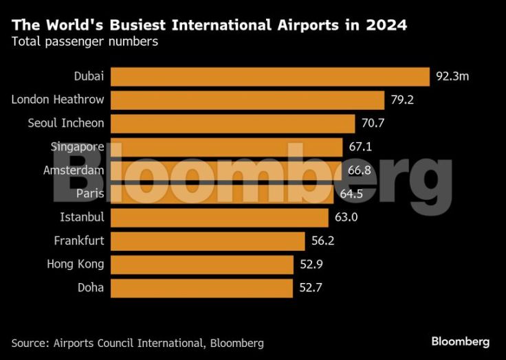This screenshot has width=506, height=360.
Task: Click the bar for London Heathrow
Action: pyautogui.click(x=247, y=100)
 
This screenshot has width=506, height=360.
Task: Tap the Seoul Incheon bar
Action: pyautogui.click(x=232, y=124)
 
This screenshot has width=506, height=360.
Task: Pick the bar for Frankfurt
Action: pyautogui.click(x=207, y=241)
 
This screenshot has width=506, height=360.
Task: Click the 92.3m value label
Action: pyautogui.click(x=452, y=76)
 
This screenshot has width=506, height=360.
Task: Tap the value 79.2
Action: pyautogui.click(x=401, y=100)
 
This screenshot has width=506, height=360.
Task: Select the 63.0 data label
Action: pyautogui.click(x=346, y=218)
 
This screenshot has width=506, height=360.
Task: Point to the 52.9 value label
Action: pyautogui.click(x=311, y=265)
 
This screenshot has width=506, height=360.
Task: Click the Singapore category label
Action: pyautogui.click(x=78, y=147)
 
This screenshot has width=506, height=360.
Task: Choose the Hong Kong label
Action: pyautogui.click(x=76, y=265)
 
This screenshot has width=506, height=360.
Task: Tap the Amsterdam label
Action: pyautogui.click(x=74, y=170)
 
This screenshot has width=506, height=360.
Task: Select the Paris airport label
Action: pyautogui.click(x=90, y=194)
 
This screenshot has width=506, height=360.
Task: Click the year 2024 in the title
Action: pyautogui.click(x=386, y=26)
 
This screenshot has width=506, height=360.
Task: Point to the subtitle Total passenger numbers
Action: pyautogui.click(x=85, y=42)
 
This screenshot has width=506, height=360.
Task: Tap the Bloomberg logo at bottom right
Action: pyautogui.click(x=460, y=341)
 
